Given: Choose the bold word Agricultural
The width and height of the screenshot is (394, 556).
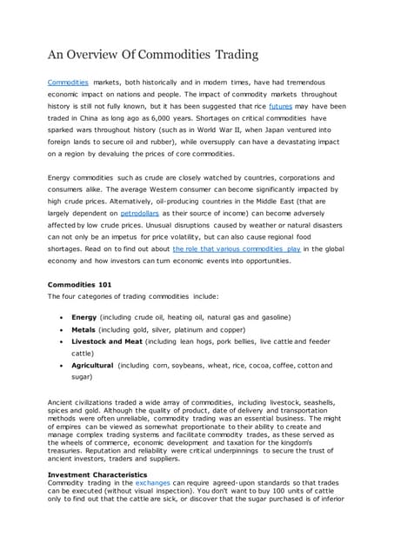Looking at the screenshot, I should [92, 366].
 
